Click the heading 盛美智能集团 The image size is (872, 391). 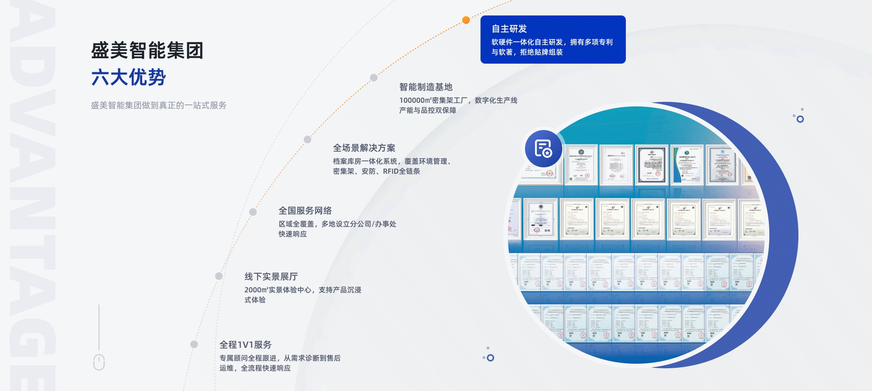[147, 50]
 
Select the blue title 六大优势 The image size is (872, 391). [129, 77]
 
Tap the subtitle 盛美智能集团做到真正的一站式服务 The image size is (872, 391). [159, 105]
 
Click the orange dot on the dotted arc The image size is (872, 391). [466, 20]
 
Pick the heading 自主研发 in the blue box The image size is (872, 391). [509, 29]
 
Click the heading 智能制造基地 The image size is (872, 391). [426, 87]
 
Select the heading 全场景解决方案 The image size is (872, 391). [364, 148]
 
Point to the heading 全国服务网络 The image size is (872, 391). [305, 211]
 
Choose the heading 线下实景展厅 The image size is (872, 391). [271, 276]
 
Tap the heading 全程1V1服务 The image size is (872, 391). [245, 345]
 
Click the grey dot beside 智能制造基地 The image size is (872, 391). [374, 78]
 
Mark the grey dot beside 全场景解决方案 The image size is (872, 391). [307, 140]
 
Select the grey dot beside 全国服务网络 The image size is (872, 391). [253, 212]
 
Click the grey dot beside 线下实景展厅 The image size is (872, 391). [219, 276]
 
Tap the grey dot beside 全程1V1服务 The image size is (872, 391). [194, 344]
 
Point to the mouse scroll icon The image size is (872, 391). [99, 362]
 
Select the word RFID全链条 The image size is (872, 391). [401, 171]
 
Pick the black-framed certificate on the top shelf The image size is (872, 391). [652, 165]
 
